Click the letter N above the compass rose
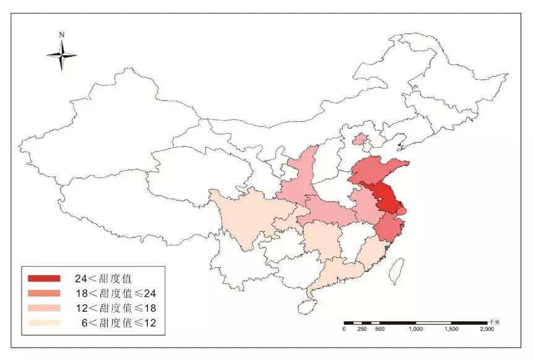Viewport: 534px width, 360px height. pos(62,35)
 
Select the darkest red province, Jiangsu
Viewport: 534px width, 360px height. pos(387,199)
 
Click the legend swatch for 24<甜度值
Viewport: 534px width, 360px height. pos(43,278)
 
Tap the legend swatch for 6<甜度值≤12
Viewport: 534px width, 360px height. pos(43,322)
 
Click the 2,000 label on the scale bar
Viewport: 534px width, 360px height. pos(486,330)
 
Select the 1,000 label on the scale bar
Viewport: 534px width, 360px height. pos(416,330)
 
